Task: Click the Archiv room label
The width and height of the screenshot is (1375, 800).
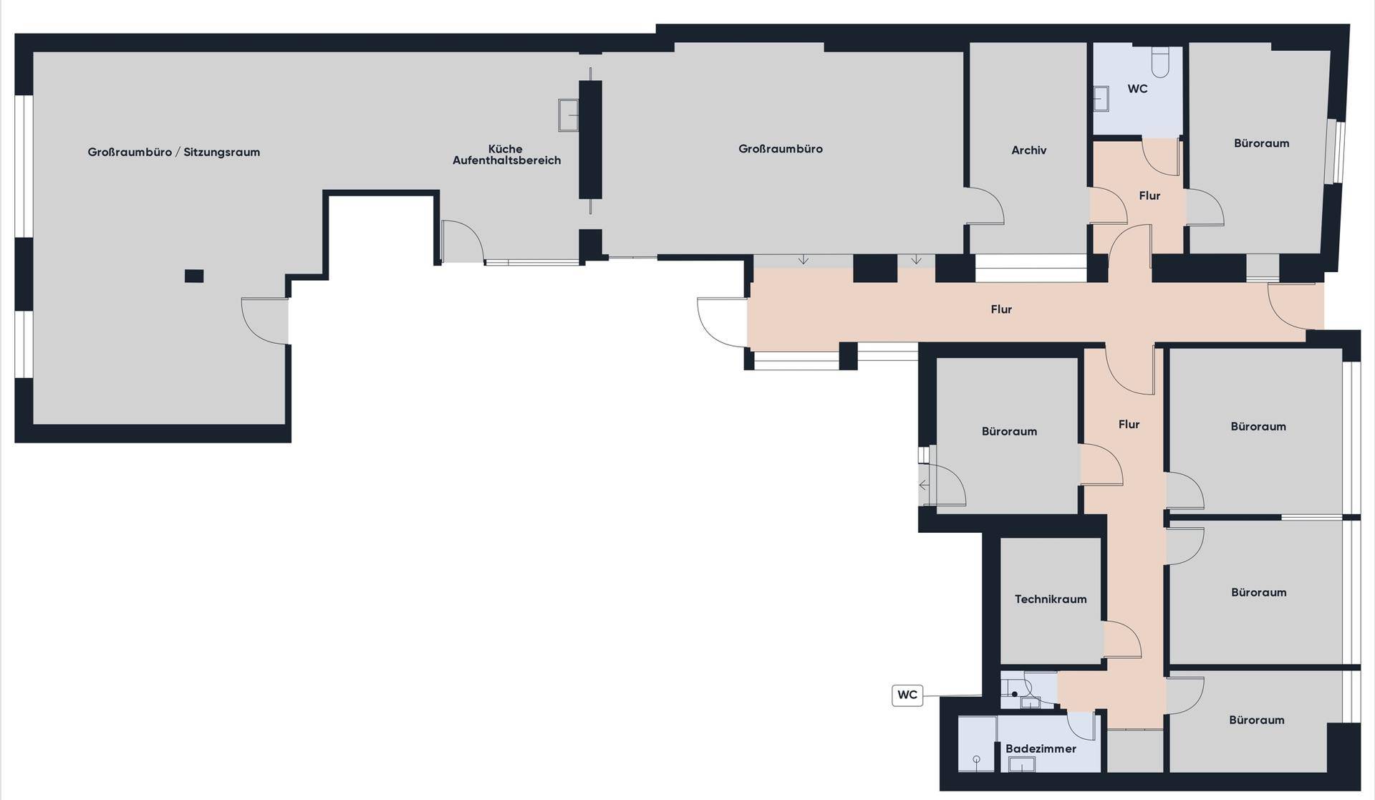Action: click(x=1028, y=150)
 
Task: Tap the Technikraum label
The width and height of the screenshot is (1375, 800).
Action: click(x=1051, y=599)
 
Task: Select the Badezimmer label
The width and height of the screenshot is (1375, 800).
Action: click(x=1041, y=748)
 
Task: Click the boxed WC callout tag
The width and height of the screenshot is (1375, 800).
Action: click(x=907, y=695)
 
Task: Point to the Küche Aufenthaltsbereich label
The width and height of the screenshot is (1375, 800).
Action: click(x=506, y=155)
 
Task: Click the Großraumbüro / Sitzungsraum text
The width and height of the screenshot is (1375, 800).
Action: click(x=174, y=152)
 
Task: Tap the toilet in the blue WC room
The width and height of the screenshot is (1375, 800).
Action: click(x=1159, y=62)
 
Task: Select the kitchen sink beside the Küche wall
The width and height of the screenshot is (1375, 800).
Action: click(x=569, y=115)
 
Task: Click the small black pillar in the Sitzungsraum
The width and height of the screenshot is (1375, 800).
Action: click(x=194, y=276)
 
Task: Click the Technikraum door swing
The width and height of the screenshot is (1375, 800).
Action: click(x=1122, y=640)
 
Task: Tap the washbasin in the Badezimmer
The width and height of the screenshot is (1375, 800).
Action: click(x=1022, y=764)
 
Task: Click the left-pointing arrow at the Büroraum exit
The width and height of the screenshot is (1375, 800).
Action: click(x=924, y=485)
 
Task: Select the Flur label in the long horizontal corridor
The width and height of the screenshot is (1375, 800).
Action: click(x=1001, y=309)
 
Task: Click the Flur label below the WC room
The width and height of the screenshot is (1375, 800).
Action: click(x=1149, y=196)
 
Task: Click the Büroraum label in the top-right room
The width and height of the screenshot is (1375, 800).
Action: click(x=1261, y=143)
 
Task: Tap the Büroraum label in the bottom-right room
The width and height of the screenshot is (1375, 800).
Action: click(x=1256, y=720)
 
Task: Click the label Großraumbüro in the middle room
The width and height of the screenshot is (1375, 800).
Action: click(x=780, y=149)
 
